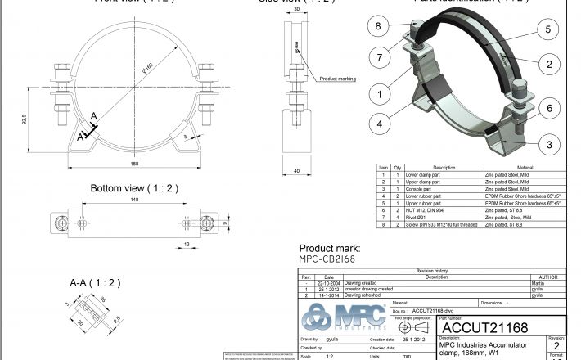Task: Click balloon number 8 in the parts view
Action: (x=377, y=26)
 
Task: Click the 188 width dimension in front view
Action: (x=133, y=164)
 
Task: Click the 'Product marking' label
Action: (x=336, y=79)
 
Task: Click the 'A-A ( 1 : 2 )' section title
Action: (x=95, y=283)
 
